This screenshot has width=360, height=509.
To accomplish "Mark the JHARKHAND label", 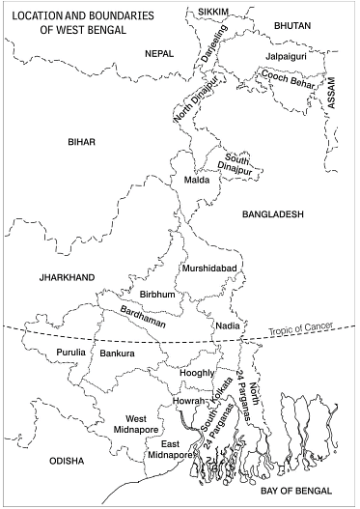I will click(68, 277).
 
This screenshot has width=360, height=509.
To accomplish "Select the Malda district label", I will click(183, 180).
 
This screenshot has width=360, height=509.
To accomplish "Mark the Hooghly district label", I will click(197, 372).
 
